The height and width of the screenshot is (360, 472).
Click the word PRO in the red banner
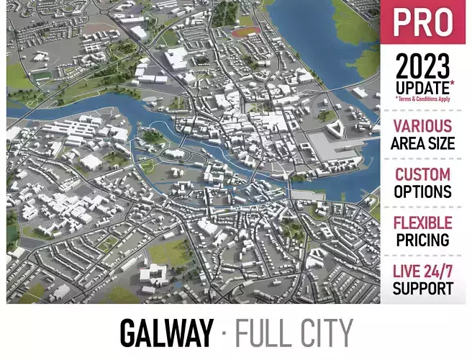coord(424,24)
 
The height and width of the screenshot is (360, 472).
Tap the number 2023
coord(422,69)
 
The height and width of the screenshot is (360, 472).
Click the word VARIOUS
coord(423,127)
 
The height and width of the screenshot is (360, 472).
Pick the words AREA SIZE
coord(423,143)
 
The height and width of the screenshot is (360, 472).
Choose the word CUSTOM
coord(423,175)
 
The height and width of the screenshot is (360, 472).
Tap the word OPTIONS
coord(423,192)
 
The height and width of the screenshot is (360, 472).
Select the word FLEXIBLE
coord(423,223)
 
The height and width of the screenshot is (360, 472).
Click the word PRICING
coord(423,240)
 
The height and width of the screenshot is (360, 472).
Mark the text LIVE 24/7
coord(423,272)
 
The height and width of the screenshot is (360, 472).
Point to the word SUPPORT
coord(423,289)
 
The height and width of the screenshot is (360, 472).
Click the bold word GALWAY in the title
coord(166,333)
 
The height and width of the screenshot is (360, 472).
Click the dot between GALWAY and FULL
coord(224,333)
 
